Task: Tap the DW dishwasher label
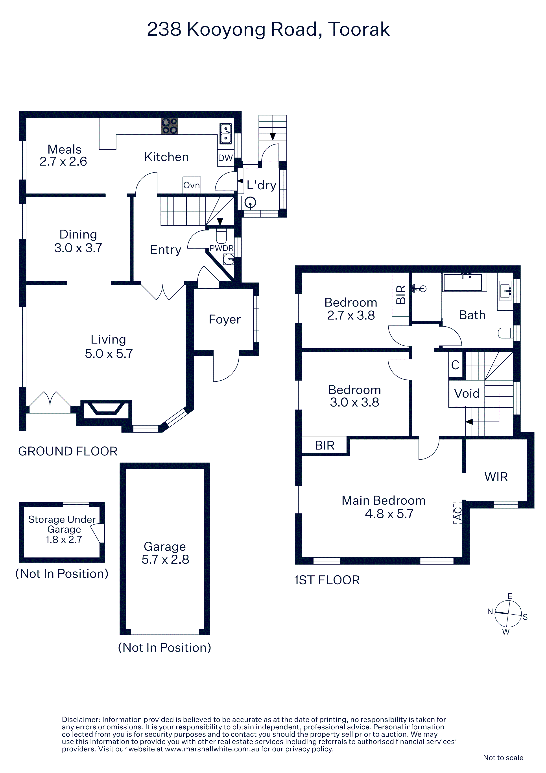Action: [225, 158]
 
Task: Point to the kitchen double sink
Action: [226, 133]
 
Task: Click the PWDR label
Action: [221, 248]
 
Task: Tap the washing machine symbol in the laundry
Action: [250, 203]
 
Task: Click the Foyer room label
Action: [225, 319]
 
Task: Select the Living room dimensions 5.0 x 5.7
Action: [109, 353]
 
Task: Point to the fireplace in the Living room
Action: [106, 410]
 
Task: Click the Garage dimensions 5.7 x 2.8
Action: [165, 559]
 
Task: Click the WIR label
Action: [496, 477]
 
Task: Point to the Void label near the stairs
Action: [467, 393]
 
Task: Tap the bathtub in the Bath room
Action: [463, 282]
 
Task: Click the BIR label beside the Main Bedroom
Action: [325, 445]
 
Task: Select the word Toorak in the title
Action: [359, 29]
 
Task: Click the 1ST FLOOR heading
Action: [327, 580]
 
